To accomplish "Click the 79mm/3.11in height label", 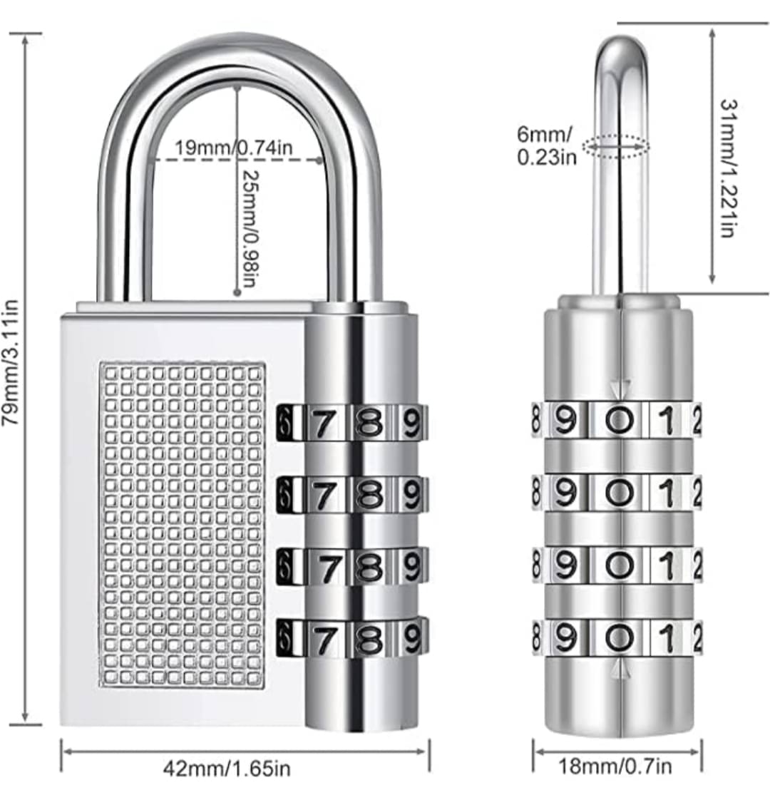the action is [11, 362].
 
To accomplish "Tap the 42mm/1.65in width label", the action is [227, 768].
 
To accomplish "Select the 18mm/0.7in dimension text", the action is [615, 766].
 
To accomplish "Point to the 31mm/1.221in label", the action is [729, 168].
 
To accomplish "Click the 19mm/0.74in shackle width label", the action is [233, 148].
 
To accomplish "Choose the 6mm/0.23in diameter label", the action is [546, 145].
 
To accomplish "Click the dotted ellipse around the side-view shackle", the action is [616, 147].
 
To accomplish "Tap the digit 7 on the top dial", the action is [322, 424].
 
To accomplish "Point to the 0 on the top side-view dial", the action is [620, 421].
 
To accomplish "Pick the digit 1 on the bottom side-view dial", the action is [667, 638].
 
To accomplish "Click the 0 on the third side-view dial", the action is [620, 565].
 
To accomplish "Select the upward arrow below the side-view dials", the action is [620, 669].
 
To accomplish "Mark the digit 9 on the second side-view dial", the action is [565, 493].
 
